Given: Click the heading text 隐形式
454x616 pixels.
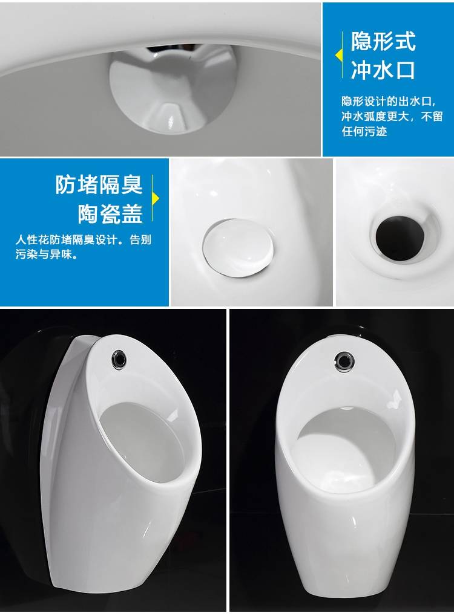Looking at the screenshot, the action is click(x=383, y=41).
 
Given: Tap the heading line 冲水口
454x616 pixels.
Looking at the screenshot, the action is click(x=383, y=71).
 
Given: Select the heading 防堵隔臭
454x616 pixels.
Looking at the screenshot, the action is click(x=98, y=184).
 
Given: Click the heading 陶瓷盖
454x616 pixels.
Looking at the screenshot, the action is click(x=110, y=213).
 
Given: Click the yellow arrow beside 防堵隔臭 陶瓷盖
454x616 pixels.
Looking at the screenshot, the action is click(x=156, y=199).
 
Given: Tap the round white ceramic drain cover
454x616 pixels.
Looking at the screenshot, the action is click(x=238, y=247).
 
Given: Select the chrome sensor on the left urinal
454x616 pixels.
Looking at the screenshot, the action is click(x=120, y=358).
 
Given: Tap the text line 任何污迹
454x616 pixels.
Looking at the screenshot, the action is click(x=364, y=131).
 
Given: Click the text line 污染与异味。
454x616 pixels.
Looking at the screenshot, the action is click(x=47, y=255).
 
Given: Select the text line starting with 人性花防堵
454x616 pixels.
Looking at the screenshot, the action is click(x=84, y=239).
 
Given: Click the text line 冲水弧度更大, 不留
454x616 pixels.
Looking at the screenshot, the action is click(x=392, y=116).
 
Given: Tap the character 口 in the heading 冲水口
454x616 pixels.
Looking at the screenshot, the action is click(x=405, y=71).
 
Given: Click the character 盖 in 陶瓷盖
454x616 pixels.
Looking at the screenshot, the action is click(x=131, y=213).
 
